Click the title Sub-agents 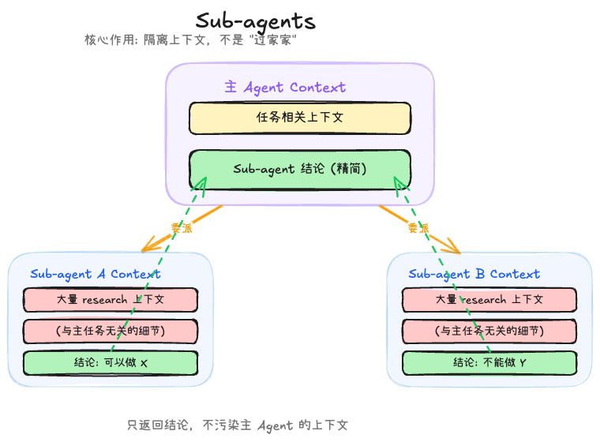255,21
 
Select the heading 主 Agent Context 285,87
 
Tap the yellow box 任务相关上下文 299,118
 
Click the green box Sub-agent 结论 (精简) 299,169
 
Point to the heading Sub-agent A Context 95,274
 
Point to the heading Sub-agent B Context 474,274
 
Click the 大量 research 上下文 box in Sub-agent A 110,300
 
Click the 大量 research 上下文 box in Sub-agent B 489,300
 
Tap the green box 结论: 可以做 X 110,363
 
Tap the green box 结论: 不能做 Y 489,363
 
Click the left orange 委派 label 181,228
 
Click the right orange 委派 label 418,228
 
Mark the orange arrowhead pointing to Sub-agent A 147,248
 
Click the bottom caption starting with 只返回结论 237,425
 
